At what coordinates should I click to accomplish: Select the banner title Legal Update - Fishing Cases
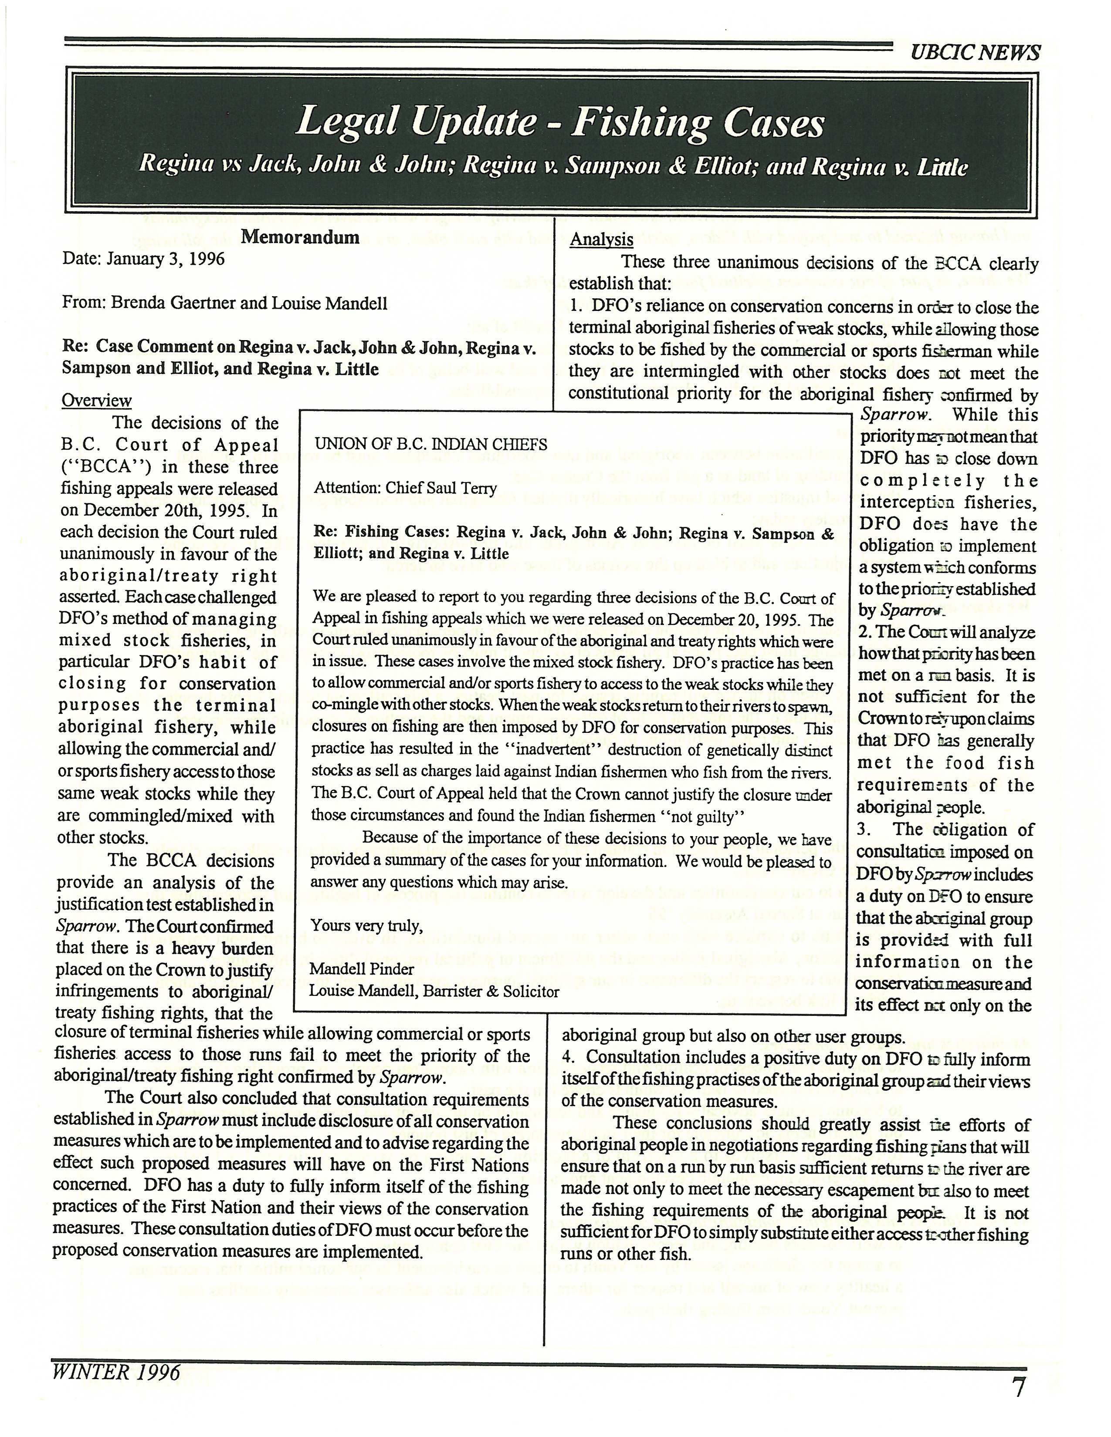tap(559, 123)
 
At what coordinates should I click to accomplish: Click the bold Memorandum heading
tap(300, 237)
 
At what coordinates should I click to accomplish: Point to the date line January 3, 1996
tap(143, 259)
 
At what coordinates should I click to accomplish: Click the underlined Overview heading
tap(97, 401)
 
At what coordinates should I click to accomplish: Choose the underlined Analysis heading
tap(602, 239)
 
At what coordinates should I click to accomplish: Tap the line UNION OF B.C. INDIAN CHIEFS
tap(430, 444)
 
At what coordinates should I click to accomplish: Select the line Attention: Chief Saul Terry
tap(406, 488)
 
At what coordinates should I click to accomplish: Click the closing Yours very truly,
tap(366, 926)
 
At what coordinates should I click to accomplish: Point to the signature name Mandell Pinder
tap(362, 969)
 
